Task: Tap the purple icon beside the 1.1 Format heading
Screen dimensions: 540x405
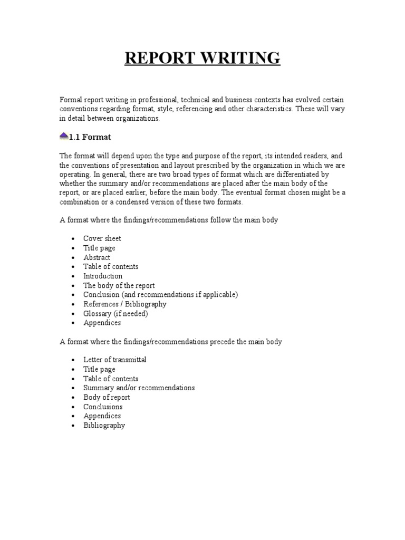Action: click(64, 136)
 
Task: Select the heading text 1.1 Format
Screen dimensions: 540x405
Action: click(90, 137)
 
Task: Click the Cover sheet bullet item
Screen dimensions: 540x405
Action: click(102, 238)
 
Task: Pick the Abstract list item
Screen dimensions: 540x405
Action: click(97, 257)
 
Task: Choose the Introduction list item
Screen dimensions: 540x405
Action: click(103, 276)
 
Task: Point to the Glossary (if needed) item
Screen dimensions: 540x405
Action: click(115, 313)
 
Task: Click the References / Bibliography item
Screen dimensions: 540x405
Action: click(125, 304)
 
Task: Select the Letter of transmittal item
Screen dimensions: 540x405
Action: click(115, 360)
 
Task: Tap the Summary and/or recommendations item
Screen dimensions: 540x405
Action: click(139, 388)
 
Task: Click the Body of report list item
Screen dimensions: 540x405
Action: click(107, 397)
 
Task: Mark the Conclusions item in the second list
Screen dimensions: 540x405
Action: click(103, 407)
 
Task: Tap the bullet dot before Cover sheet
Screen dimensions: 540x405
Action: click(73, 239)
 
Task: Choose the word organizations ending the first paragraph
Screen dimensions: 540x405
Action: click(136, 119)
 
